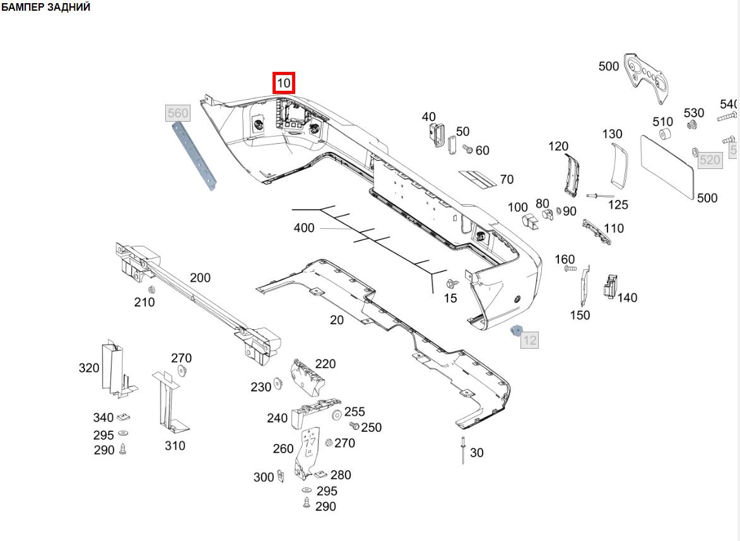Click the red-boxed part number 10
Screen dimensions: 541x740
coord(284,83)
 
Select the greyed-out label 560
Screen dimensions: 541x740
coord(177,113)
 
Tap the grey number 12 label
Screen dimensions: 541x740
coord(530,340)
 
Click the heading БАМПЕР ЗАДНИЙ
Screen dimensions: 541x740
coord(45,8)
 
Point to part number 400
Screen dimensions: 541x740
coord(304,228)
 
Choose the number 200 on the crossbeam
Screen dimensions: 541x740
coord(200,277)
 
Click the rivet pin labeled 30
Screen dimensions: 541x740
coord(463,449)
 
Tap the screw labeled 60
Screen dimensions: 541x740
coord(468,149)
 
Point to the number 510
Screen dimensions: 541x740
coord(663,121)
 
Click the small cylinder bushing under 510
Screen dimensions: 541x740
coord(664,136)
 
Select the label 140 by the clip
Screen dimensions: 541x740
coord(627,298)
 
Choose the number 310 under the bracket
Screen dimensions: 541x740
coord(175,446)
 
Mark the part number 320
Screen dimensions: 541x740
coord(89,368)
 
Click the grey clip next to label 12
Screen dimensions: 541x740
coord(515,330)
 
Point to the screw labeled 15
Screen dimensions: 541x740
coord(451,284)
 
